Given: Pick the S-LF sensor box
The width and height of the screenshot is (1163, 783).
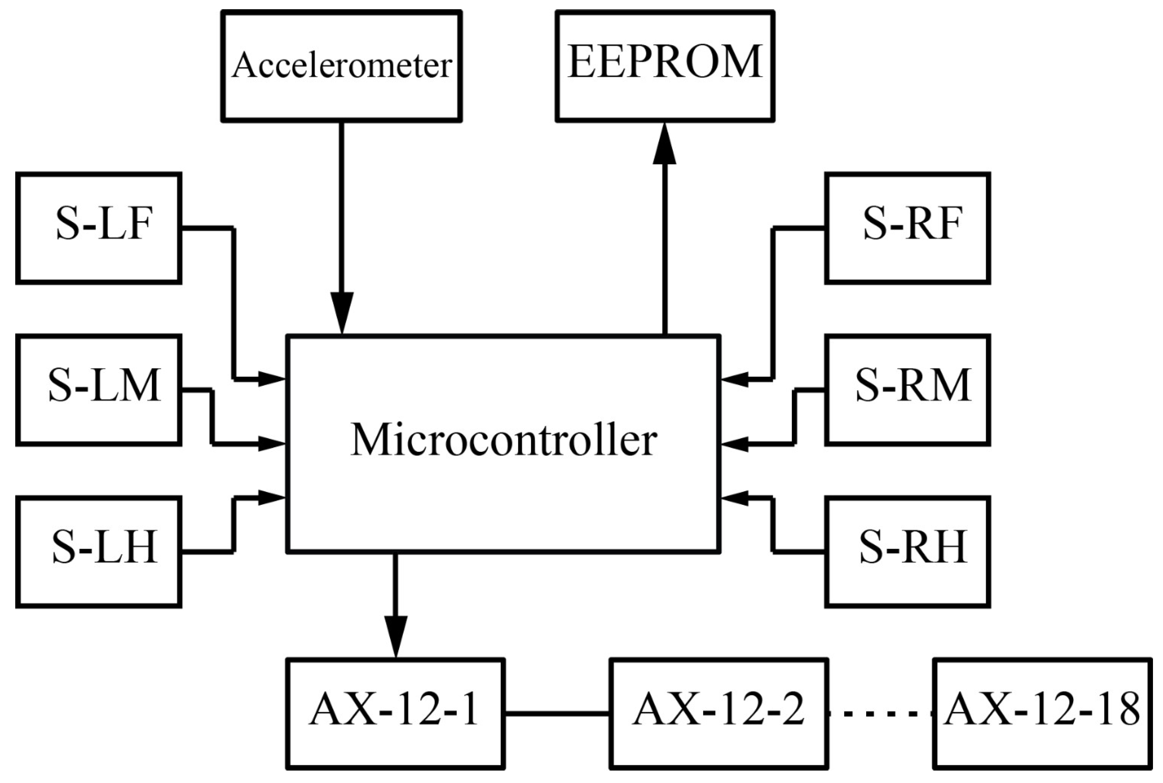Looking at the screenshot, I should pyautogui.click(x=99, y=228).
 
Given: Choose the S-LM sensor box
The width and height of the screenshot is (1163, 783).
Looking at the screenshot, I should pyautogui.click(x=99, y=390).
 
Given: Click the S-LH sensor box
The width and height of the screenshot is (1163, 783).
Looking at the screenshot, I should pyautogui.click(x=99, y=551).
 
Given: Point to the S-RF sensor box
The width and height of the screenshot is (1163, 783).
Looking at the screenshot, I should pyautogui.click(x=907, y=228).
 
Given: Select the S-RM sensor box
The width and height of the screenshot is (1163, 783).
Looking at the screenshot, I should pyautogui.click(x=907, y=390).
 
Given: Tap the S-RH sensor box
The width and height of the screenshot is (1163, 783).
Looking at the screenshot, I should pyautogui.click(x=907, y=551).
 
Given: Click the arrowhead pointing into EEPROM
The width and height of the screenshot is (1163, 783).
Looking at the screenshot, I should pyautogui.click(x=665, y=145).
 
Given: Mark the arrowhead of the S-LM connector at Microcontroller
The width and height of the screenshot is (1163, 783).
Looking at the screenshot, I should pyautogui.click(x=271, y=443).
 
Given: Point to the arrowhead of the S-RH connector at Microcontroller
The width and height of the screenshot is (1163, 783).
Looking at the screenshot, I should pyautogui.click(x=735, y=498).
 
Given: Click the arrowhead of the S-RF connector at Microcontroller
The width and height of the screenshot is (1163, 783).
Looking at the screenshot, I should pyautogui.click(x=735, y=380).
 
